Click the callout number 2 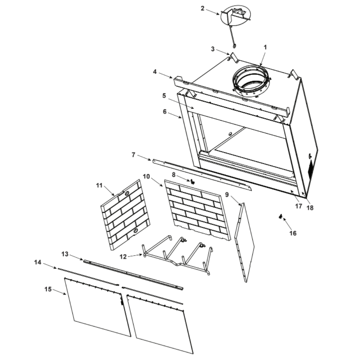coord(202,9)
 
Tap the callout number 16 coord(293,233)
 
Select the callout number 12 coord(123,257)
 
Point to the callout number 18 coord(310,208)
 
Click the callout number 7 coord(134,155)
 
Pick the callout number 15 coord(48,289)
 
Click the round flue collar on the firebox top coord(251,81)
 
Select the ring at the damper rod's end coord(234,46)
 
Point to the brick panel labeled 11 coord(125,215)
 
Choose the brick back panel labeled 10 coord(197,210)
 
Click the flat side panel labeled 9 coord(245,242)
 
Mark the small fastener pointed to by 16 coord(280,216)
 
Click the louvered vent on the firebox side coord(310,170)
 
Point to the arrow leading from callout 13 coord(76,257)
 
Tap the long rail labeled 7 coord(202,175)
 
